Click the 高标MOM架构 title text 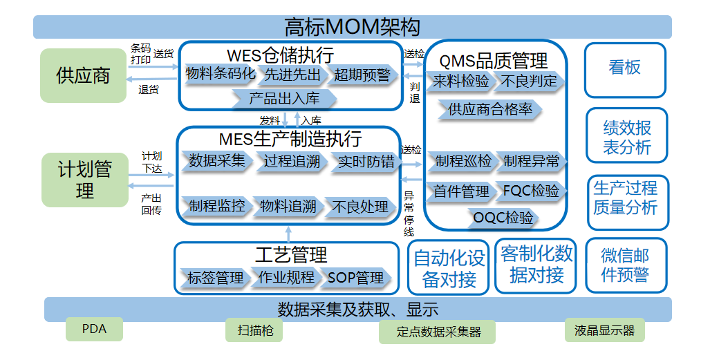(x=352, y=27)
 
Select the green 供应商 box (x=84, y=75)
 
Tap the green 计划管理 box (x=84, y=180)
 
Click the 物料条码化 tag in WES (x=221, y=75)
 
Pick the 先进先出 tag (x=292, y=75)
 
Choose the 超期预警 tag (x=362, y=75)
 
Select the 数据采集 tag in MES (x=217, y=161)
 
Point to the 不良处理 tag (x=360, y=206)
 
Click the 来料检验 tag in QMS (x=461, y=82)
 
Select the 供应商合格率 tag (x=489, y=109)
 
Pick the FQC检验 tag (x=531, y=191)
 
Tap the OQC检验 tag (x=503, y=218)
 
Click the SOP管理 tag (x=355, y=278)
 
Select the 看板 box (x=624, y=68)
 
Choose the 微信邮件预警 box (x=625, y=265)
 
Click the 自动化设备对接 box (x=449, y=269)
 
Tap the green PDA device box (x=94, y=330)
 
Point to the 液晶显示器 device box (x=604, y=330)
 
